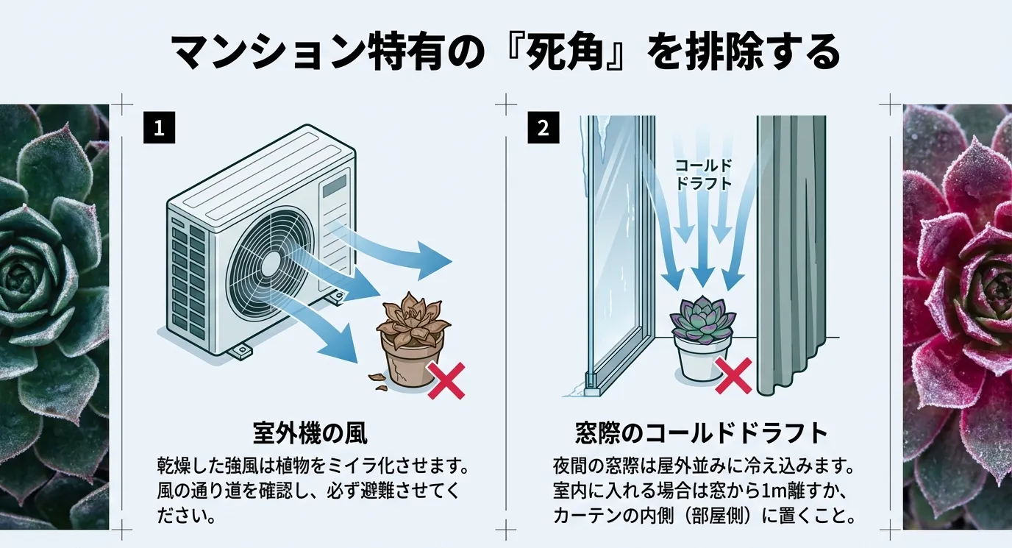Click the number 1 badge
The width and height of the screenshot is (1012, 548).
(159, 127)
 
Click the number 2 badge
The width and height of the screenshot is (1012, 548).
(544, 127)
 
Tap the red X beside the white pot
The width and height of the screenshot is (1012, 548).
(733, 375)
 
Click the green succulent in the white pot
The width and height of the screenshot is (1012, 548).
(702, 319)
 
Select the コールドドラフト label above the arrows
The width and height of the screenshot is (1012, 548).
(704, 174)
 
